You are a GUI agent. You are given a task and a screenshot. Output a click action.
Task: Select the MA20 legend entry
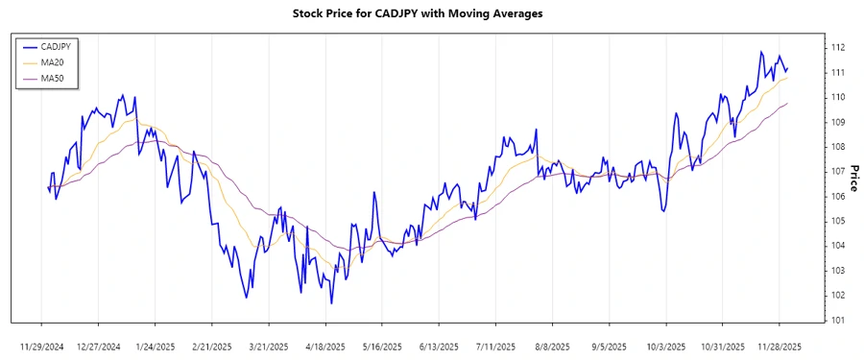click(54, 61)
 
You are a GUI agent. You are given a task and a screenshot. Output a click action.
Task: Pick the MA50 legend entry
click(54, 78)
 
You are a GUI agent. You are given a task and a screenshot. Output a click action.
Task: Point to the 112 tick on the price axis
click(837, 47)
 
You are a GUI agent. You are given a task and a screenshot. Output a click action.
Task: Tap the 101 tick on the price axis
click(837, 320)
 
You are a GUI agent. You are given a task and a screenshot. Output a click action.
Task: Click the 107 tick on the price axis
click(837, 171)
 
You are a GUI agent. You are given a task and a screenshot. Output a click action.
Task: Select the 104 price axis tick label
click(837, 246)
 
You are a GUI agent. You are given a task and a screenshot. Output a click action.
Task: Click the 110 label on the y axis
click(837, 97)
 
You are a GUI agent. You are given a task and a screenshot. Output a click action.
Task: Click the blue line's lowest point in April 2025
click(331, 303)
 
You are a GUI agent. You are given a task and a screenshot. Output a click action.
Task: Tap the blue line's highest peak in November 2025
click(761, 52)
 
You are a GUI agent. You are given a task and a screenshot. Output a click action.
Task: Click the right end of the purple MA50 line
click(788, 103)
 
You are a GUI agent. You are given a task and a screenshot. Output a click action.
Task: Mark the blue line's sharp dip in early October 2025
click(663, 210)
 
